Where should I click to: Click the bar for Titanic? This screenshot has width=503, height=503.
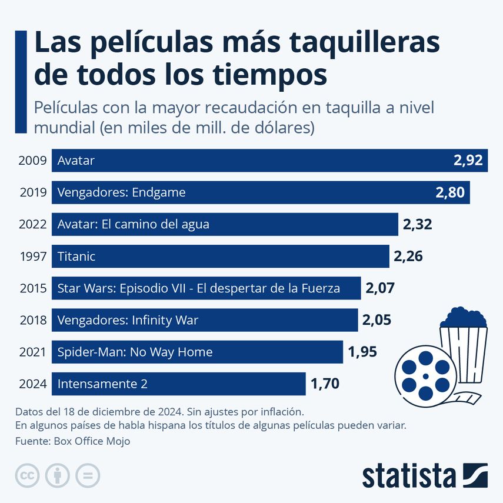click(221, 257)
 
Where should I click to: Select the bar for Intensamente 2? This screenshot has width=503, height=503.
click(179, 384)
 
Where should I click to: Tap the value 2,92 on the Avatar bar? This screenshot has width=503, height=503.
click(468, 161)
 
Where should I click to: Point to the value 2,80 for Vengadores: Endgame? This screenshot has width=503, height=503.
click(450, 192)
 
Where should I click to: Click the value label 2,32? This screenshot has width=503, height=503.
click(418, 224)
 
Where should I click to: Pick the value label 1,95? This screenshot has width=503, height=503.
click(362, 352)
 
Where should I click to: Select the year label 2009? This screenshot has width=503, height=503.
click(32, 161)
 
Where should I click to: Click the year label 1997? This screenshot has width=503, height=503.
click(32, 257)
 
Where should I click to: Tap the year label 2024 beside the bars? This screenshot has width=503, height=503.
click(32, 384)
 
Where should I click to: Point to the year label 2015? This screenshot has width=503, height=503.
click(32, 288)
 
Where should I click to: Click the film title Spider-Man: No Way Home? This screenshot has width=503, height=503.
click(135, 352)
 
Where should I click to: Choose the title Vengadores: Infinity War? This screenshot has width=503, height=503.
click(128, 321)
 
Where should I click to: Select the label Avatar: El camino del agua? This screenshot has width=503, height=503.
click(133, 224)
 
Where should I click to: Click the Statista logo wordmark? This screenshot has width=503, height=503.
click(409, 475)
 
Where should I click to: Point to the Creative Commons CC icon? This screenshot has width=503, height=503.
click(27, 475)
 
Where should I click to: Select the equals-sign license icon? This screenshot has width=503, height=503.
click(88, 475)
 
